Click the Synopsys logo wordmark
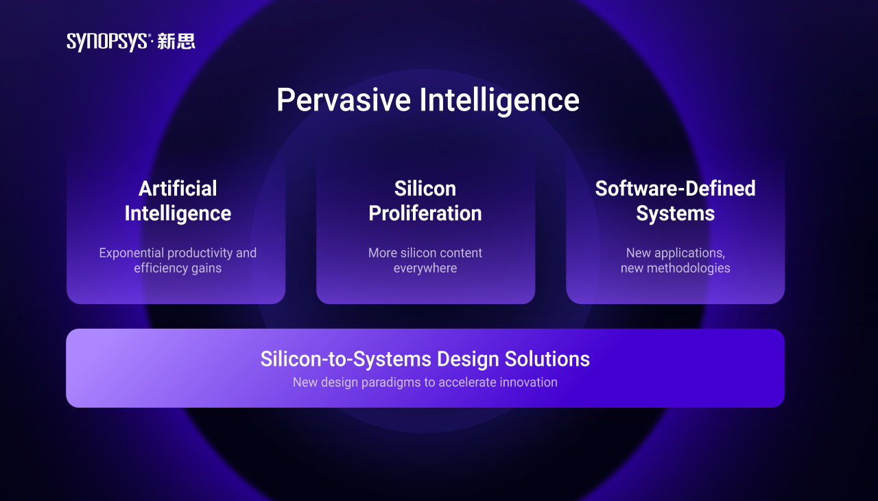tap(107, 42)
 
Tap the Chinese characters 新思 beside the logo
tap(176, 41)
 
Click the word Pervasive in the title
tap(344, 100)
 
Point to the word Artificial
tap(178, 189)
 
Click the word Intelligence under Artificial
tap(178, 214)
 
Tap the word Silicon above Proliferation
tap(425, 189)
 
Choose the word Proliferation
tap(425, 213)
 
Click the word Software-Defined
tap(676, 189)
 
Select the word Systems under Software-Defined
tap(676, 214)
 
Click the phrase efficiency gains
tap(178, 268)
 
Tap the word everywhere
tap(425, 268)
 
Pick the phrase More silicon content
tap(425, 253)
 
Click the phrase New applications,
tap(676, 253)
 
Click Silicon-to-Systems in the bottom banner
tap(346, 360)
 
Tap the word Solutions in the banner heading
tap(547, 359)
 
